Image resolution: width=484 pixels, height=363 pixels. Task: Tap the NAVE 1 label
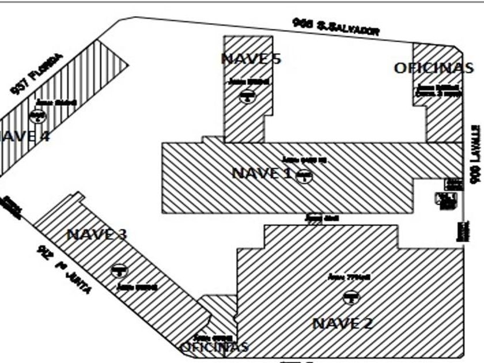[x=262, y=172]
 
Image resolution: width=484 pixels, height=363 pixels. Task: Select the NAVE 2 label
[x=343, y=323]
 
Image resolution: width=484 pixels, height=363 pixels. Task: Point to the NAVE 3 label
[x=97, y=235]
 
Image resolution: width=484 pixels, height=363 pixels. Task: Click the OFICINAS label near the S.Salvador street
[x=433, y=67]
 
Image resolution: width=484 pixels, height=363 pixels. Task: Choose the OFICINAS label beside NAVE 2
[x=214, y=347]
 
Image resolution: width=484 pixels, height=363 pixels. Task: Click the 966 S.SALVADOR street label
[x=336, y=27]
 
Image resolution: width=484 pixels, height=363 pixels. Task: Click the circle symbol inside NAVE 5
[x=247, y=97]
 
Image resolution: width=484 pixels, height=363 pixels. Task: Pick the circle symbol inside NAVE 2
[x=349, y=297]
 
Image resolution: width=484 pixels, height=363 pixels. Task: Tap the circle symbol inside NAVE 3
[x=119, y=270]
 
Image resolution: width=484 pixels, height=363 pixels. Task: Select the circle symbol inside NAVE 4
[x=40, y=116]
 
